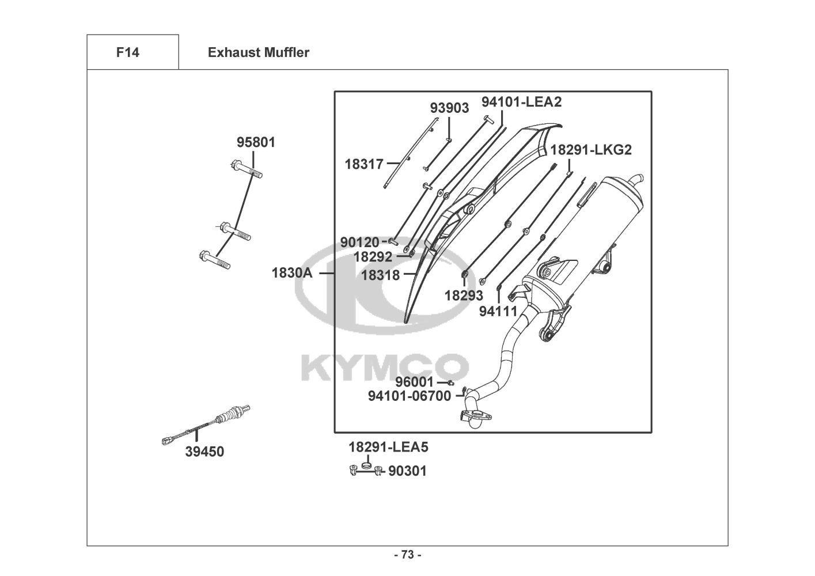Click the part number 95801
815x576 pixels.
[256, 142]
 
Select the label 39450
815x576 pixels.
[204, 452]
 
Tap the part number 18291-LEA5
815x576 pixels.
[388, 447]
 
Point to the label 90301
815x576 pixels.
[407, 471]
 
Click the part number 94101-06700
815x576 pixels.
[410, 396]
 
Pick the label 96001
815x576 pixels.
[414, 382]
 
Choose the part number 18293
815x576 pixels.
[464, 295]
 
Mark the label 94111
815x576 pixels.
[499, 311]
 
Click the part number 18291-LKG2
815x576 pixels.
[591, 150]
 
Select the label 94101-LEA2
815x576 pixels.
[521, 102]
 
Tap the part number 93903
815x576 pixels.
[449, 108]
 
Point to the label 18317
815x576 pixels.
[364, 164]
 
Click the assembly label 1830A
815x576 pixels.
[292, 272]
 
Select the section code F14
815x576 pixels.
[127, 52]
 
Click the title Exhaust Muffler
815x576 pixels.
[259, 52]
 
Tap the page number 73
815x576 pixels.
[407, 555]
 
